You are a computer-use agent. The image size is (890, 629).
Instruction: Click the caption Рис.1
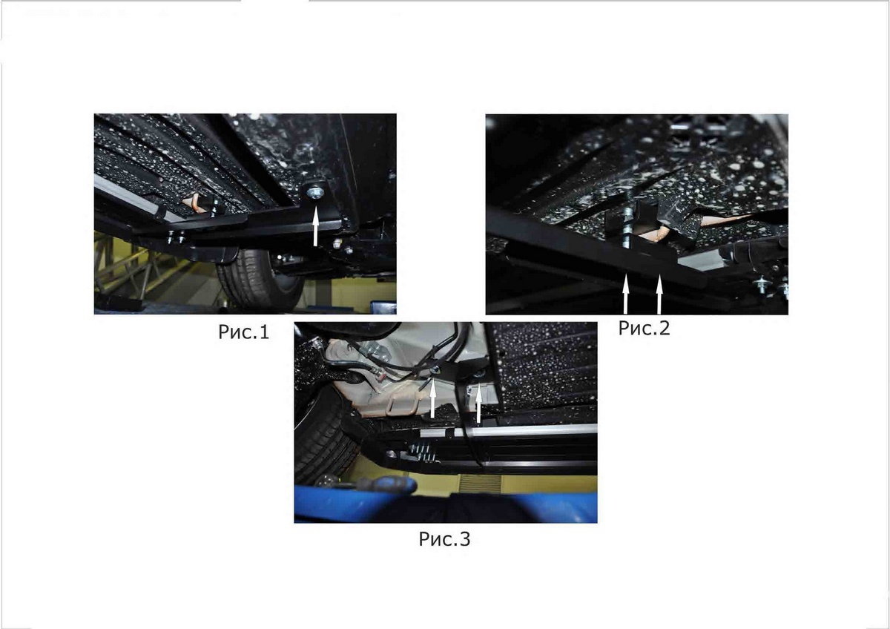tap(243, 332)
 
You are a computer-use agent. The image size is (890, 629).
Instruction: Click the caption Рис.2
tap(644, 328)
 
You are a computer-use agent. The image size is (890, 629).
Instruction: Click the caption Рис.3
tap(444, 539)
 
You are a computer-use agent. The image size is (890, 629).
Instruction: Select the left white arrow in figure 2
tap(626, 294)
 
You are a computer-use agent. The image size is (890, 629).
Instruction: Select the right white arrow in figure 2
tap(659, 294)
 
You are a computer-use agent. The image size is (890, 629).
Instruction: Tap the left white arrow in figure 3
tap(433, 398)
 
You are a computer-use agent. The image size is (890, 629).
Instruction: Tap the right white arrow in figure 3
tap(479, 404)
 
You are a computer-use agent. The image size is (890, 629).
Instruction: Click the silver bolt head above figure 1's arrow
tap(315, 193)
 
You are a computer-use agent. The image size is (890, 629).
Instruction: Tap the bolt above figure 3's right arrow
tap(480, 374)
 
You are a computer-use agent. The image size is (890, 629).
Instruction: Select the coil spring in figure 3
tap(424, 453)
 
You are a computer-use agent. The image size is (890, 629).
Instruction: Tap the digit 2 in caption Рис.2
tap(664, 328)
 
